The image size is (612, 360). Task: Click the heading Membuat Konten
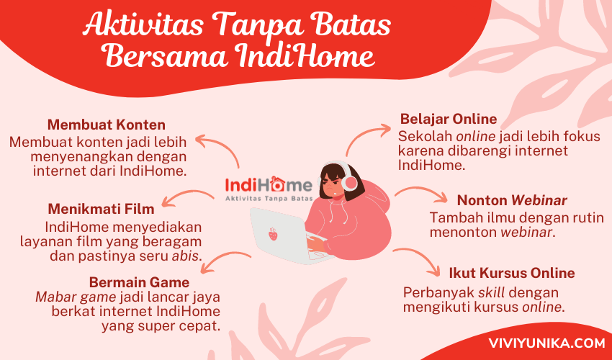pos(106,125)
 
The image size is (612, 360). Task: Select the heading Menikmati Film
pos(101,209)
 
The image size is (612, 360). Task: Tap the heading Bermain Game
pos(139,282)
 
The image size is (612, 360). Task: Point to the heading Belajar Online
pos(449,119)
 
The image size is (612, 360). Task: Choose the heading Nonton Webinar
pos(512,200)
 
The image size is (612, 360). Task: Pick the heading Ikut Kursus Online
pos(512,273)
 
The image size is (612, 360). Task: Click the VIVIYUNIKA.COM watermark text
pos(546,343)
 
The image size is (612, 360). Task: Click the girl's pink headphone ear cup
pos(350,183)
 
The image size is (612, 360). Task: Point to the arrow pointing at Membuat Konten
pos(220,148)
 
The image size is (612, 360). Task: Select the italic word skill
pos(491,292)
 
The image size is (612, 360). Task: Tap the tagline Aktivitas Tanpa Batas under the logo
pos(269,198)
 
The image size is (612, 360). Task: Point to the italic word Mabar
pos(54,297)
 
